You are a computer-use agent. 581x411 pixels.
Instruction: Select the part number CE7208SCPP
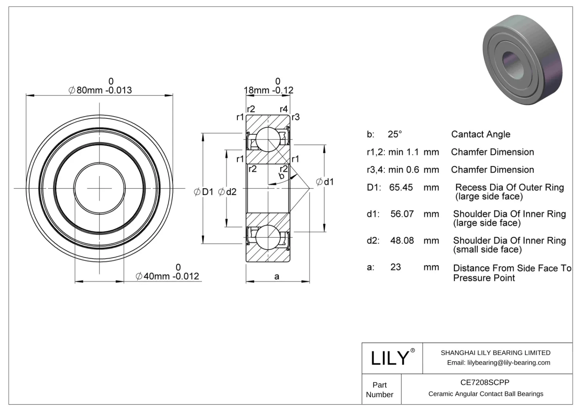click(x=485, y=382)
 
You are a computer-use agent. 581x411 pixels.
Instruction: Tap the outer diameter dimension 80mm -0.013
click(x=100, y=90)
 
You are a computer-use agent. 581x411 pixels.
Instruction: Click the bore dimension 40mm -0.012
click(x=167, y=276)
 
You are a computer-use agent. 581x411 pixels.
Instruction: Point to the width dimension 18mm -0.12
click(x=268, y=90)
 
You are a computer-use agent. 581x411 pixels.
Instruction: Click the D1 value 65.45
click(x=401, y=188)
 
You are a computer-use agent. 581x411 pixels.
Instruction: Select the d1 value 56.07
click(x=402, y=214)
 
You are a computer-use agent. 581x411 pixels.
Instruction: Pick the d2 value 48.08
click(x=402, y=241)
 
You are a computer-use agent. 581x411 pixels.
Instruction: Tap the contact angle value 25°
click(x=395, y=134)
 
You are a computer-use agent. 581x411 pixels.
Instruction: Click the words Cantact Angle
click(x=480, y=134)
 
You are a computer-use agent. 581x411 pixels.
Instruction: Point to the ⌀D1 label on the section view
click(x=204, y=192)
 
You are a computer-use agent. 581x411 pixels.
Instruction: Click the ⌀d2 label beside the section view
click(x=227, y=192)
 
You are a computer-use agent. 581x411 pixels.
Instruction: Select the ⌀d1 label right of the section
click(x=325, y=182)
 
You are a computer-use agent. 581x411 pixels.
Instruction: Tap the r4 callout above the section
click(x=284, y=109)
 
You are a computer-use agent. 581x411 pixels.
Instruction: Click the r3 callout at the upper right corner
click(x=296, y=117)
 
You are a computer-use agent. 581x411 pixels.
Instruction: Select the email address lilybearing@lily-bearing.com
click(x=508, y=363)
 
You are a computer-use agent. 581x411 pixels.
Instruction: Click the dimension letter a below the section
click(x=277, y=277)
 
